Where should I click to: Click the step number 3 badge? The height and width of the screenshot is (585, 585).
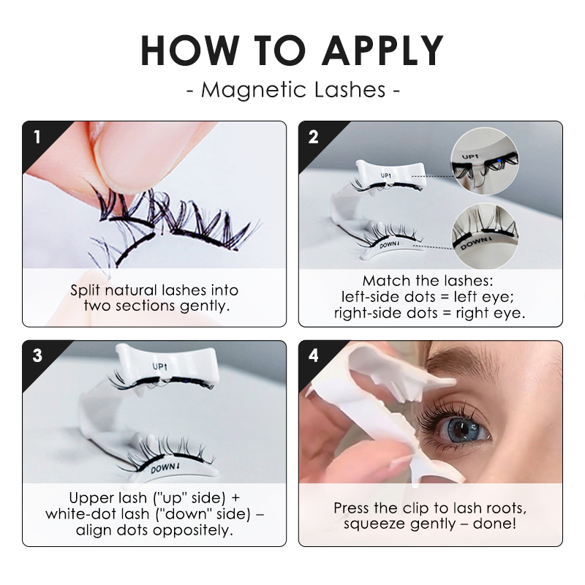(x=37, y=355)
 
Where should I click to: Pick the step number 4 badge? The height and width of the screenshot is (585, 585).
(x=313, y=355)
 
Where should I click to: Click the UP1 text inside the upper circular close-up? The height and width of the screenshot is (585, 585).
(x=469, y=156)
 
